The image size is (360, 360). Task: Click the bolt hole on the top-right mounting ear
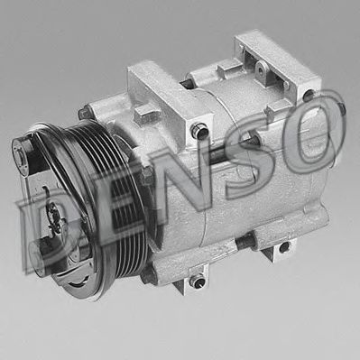click(308, 95)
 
